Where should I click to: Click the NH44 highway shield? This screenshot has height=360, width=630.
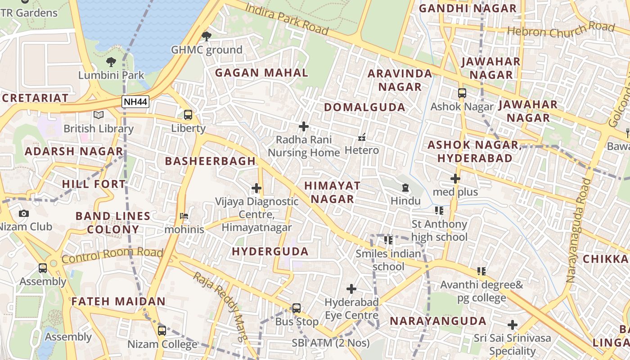coord(135,102)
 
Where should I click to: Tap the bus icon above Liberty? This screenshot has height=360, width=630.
coord(188,115)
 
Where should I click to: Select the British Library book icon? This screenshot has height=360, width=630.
coord(99,115)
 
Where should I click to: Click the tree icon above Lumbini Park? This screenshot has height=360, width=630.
coord(111,62)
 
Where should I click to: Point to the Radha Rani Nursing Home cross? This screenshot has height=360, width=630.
coord(304,126)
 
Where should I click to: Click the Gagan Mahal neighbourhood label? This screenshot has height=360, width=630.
coord(261,73)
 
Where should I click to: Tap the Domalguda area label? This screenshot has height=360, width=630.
coord(364,107)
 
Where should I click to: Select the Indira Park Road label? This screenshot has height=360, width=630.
coord(287,18)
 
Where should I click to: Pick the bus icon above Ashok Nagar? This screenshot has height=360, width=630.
coord(462,93)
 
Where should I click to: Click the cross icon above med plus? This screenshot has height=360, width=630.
coord(455,179)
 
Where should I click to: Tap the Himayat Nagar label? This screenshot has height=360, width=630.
coord(333,192)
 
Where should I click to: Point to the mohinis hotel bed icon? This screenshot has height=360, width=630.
coord(184,216)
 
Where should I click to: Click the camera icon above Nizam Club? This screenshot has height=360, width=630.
coord(24,213)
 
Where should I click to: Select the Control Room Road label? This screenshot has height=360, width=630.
coord(112,255)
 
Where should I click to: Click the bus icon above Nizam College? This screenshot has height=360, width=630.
coord(162,331)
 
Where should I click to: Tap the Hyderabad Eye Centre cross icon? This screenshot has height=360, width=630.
coord(351,288)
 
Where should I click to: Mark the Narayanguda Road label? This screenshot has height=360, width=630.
coord(579,230)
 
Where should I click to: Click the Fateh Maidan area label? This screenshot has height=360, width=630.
coord(118,301)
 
